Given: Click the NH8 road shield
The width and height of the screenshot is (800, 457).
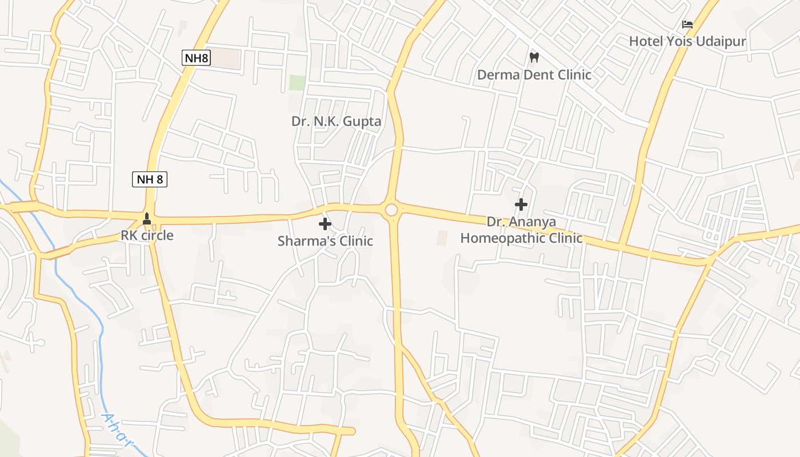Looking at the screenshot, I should tap(197, 57).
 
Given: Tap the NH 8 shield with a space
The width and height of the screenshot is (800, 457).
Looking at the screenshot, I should tap(150, 179).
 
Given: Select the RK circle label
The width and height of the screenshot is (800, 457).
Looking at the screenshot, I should tap(147, 235).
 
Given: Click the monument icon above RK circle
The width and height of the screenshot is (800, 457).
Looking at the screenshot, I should tap(147, 218).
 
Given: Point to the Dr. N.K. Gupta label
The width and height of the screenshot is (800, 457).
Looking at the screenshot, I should tap(336, 121).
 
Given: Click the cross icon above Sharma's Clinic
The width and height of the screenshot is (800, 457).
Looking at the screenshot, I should tap(325, 224).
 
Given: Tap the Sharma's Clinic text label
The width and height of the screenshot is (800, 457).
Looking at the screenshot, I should tap(325, 241).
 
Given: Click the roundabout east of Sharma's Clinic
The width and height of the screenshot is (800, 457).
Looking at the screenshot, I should tap(391, 210).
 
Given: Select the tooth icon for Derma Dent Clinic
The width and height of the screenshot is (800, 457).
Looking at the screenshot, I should tap(534, 57).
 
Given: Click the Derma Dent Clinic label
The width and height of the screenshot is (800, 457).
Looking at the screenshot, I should tap(534, 75).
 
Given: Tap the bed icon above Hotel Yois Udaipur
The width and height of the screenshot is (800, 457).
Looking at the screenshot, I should tap(687, 25).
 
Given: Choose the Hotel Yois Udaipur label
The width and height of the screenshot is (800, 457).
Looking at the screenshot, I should tap(687, 41).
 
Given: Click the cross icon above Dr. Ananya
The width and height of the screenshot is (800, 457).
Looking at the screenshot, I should tap(521, 204).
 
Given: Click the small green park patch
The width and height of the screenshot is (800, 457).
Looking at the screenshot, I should tap(297, 82).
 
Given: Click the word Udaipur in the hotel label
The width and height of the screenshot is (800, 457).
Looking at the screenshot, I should tap(725, 41).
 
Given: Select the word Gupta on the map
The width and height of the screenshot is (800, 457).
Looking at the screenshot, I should tap(362, 121).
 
